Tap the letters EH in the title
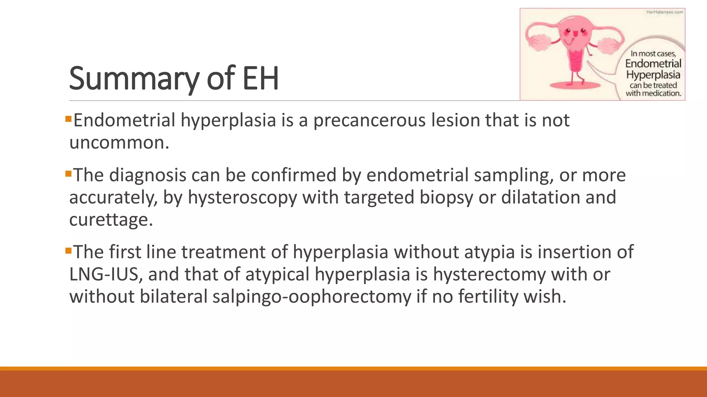pos(261,79)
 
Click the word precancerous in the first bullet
pos(369,121)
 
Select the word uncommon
pos(119,143)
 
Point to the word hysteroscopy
pos(242,198)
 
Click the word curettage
pos(110,220)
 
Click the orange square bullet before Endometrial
pos(68,119)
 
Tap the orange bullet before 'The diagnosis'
pos(68,174)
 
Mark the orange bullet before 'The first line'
pos(68,251)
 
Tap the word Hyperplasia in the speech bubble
pos(653,75)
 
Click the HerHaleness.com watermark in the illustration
pos(664,12)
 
